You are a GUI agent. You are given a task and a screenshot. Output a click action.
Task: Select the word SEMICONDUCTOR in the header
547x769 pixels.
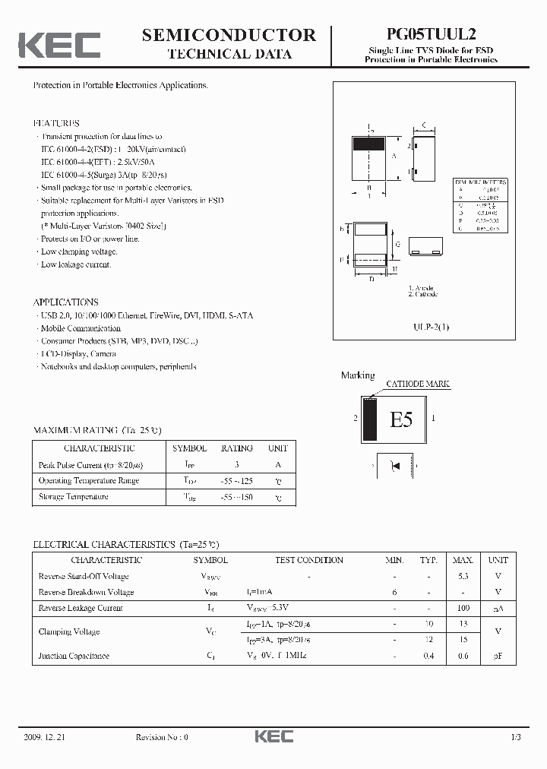[229, 34]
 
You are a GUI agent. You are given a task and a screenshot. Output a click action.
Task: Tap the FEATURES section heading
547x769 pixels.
[56, 123]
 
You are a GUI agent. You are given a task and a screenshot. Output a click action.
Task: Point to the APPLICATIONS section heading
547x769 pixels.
[65, 302]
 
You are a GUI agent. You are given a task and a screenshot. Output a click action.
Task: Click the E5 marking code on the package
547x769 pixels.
[400, 419]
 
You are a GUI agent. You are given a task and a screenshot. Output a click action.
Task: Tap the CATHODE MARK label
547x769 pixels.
[418, 384]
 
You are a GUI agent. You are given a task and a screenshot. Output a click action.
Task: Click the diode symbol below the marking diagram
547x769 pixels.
[395, 465]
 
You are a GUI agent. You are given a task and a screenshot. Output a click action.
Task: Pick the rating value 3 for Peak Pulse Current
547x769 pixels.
[236, 464]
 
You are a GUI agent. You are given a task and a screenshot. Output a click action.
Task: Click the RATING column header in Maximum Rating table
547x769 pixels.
[236, 448]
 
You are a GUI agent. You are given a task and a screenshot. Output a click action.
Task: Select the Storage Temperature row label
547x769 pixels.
[73, 497]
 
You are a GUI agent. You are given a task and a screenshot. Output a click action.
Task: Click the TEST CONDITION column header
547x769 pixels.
[309, 560]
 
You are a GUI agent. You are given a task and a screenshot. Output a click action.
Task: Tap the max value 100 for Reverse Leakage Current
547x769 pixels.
[463, 608]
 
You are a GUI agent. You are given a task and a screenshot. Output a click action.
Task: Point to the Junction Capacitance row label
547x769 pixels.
[74, 656]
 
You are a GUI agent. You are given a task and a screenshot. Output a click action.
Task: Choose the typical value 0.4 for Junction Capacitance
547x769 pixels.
[428, 656]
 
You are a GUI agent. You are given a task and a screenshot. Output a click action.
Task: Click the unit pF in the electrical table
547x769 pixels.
[498, 656]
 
